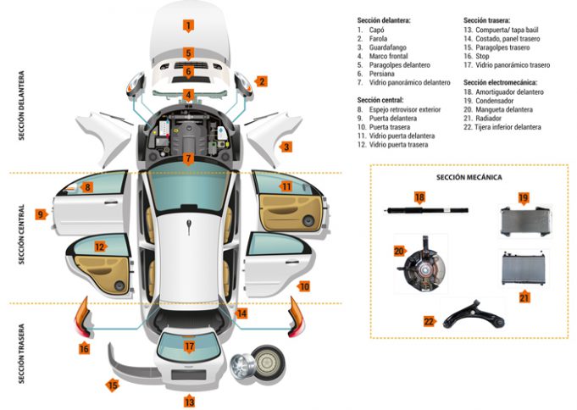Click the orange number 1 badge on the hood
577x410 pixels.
pyautogui.click(x=188, y=25)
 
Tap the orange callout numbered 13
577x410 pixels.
pyautogui.click(x=189, y=402)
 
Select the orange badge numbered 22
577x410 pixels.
pyautogui.click(x=428, y=320)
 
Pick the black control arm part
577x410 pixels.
pyautogui.click(x=468, y=313)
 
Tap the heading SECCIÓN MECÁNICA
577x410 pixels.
pyautogui.click(x=469, y=177)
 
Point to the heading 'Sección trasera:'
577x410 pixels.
pyautogui.click(x=487, y=19)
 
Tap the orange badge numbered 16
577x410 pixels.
pyautogui.click(x=84, y=348)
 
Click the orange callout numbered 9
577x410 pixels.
pyautogui.click(x=40, y=214)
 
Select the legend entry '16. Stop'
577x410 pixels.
pyautogui.click(x=479, y=56)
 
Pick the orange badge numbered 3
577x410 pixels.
pyautogui.click(x=286, y=147)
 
